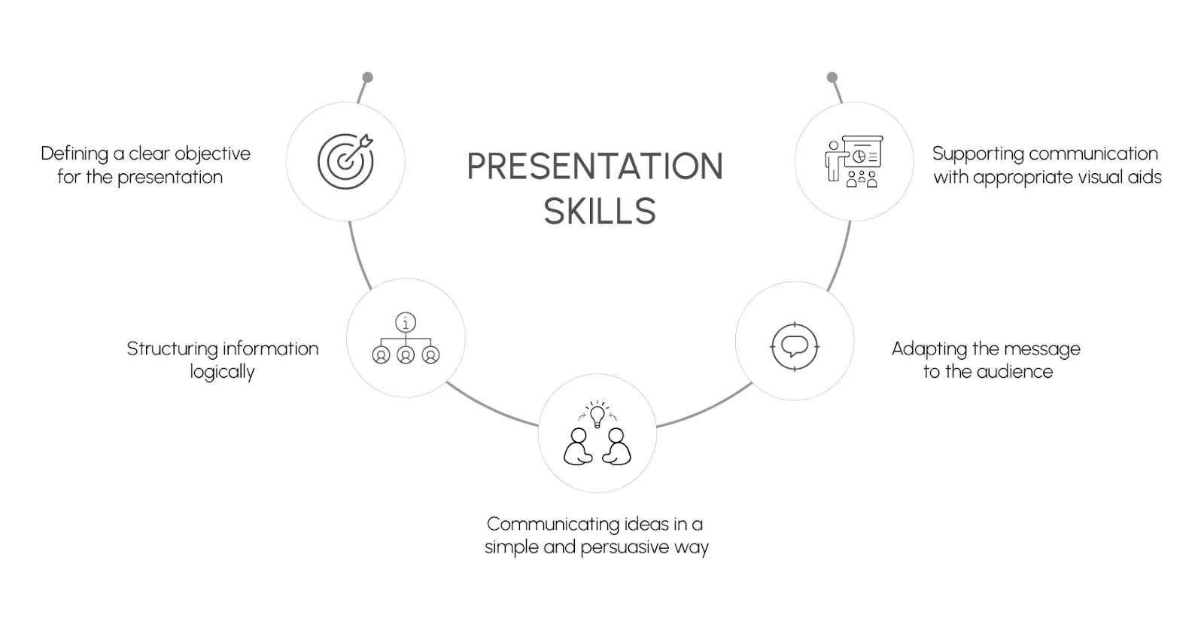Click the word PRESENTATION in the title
595,166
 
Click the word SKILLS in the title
599,212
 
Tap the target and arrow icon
345,161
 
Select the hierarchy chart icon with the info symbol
406,338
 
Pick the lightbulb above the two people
597,416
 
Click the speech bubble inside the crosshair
795,345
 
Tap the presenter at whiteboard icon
854,161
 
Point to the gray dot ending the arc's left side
368,78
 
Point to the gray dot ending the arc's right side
832,78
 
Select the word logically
222,372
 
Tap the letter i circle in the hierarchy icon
406,322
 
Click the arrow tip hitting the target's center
345,161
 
